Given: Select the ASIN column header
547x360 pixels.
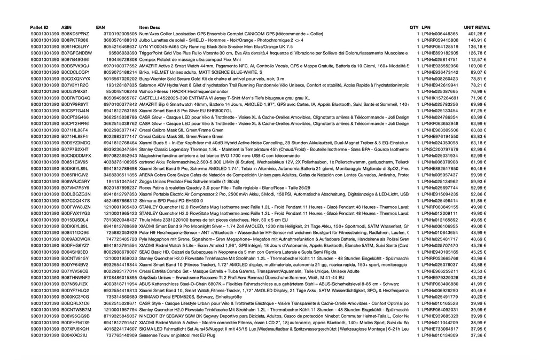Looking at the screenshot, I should pos(67,27).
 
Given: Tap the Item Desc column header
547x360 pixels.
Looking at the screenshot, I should pos(149,27).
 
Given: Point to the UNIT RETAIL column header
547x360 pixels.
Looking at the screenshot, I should pos(476,27).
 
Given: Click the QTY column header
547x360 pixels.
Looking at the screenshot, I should pos(414,27).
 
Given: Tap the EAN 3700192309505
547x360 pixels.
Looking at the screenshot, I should pos(120,34).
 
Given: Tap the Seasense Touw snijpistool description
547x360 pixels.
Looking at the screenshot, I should pos(176,335).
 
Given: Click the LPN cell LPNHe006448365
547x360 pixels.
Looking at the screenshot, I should pos(440,34).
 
